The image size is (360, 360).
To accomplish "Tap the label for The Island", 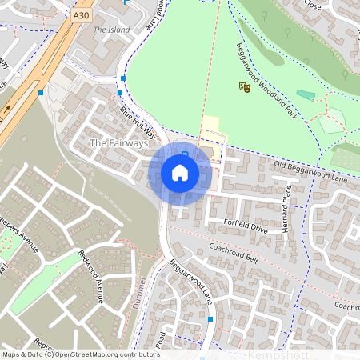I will point(111,30).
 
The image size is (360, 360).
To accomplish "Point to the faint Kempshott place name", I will point(276,354).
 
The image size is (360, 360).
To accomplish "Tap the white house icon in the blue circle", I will point(180,172).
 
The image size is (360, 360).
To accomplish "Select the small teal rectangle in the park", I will point(306,94).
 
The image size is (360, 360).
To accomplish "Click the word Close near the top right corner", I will point(312,4).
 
